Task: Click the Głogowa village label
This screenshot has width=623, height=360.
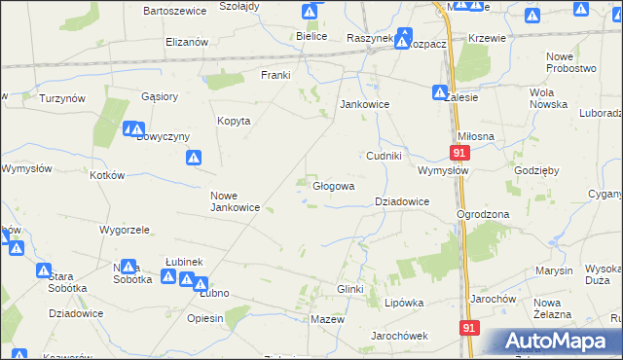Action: (332, 185)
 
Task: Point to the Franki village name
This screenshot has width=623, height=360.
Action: (275, 75)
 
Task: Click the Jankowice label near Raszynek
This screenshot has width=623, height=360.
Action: (364, 104)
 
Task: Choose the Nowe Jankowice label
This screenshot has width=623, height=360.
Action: (235, 200)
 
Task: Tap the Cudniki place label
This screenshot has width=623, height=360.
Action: (384, 156)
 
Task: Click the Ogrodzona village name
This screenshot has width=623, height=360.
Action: (483, 214)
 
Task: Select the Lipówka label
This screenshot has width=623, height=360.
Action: (404, 303)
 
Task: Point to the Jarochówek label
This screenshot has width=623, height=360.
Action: (400, 336)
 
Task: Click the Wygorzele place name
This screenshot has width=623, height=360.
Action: (124, 231)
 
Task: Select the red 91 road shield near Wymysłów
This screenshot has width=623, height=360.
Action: (460, 153)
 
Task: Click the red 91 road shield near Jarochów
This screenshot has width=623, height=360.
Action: (469, 329)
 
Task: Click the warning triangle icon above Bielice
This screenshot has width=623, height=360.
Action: (310, 13)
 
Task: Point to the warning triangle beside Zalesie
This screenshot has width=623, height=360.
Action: (439, 92)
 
